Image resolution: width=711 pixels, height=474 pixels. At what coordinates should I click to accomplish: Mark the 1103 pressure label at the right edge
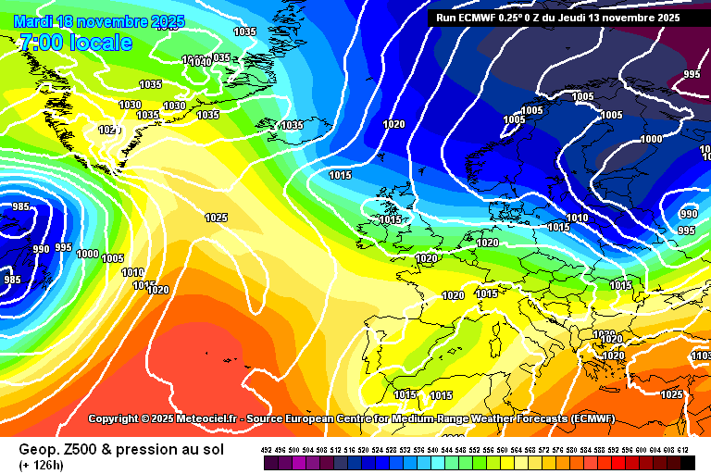point(700,355)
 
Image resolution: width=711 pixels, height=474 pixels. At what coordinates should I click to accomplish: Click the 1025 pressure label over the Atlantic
point(216,218)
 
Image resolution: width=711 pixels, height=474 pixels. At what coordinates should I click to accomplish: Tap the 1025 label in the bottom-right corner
point(672,395)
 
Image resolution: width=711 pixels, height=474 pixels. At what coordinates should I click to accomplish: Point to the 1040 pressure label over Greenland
point(199,62)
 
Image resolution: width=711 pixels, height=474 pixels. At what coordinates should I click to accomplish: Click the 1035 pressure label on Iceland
point(292,125)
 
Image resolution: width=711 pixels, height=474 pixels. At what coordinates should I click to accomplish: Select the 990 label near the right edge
point(689,214)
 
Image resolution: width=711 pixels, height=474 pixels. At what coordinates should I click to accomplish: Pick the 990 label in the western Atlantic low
point(42,249)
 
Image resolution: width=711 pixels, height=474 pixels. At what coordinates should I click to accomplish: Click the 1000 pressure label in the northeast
point(651,139)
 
